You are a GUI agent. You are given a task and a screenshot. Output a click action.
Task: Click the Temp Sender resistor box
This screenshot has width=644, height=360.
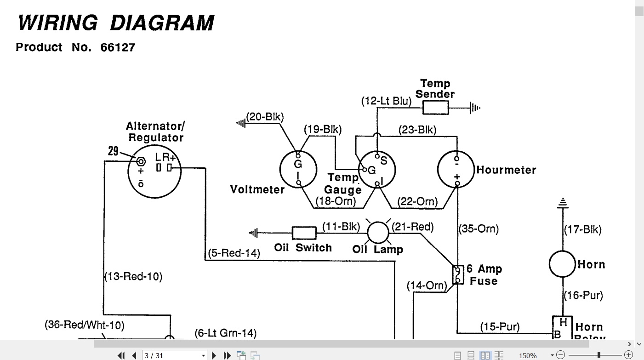click(436, 108)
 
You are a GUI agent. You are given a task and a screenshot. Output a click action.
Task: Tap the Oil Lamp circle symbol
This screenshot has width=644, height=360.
click(378, 233)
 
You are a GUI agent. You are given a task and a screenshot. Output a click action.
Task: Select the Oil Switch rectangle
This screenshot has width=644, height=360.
click(304, 233)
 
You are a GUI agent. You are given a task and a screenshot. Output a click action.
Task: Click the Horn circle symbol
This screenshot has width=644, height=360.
click(562, 264)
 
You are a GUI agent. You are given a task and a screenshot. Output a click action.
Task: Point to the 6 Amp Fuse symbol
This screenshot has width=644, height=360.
click(458, 275)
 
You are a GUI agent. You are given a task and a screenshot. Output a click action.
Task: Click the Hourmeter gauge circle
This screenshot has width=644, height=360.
click(456, 170)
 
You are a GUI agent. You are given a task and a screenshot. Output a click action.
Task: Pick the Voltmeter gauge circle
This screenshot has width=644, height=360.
click(298, 170)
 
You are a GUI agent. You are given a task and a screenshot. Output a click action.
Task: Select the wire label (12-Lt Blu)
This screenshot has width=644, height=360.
click(387, 101)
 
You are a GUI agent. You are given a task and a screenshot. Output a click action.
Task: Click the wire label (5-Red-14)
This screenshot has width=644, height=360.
click(234, 253)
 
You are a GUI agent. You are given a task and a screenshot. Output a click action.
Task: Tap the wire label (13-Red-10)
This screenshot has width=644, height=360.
click(133, 276)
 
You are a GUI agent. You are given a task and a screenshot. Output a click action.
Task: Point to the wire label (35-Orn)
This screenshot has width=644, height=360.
click(479, 229)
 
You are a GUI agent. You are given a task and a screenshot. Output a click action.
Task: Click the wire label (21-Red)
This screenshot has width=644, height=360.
click(413, 227)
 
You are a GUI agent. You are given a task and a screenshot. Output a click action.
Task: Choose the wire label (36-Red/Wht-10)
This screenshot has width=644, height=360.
click(85, 325)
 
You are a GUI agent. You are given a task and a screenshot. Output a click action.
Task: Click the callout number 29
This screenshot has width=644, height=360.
click(113, 151)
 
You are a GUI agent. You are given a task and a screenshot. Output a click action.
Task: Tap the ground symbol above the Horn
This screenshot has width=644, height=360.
click(563, 203)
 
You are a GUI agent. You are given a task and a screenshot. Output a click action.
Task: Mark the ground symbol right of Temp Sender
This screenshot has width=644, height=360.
click(475, 108)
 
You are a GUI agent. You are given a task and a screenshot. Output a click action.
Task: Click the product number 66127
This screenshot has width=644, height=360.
click(118, 47)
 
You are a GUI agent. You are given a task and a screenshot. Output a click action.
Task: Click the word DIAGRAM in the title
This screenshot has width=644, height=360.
click(162, 23)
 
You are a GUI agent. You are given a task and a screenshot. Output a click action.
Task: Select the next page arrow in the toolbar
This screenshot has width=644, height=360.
click(214, 356)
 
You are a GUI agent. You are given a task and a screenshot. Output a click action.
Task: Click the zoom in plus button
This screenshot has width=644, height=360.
click(629, 355)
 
